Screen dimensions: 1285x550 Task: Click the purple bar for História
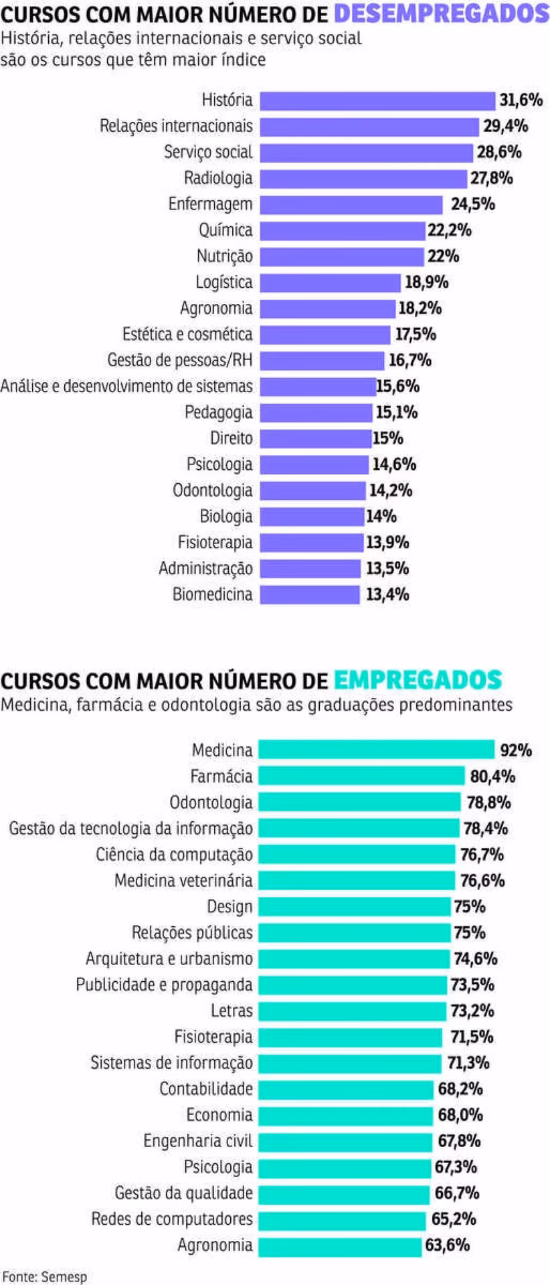coord(377,100)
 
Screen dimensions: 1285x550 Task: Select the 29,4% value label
coord(506,126)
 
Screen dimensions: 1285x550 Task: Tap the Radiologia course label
coord(218,178)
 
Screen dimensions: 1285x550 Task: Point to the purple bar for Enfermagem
coord(351,204)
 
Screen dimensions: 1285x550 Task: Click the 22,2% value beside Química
coord(450,230)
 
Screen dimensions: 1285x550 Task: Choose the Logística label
coord(224,282)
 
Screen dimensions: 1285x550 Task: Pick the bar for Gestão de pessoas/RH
coord(323,360)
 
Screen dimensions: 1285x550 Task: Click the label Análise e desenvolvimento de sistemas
coord(126,386)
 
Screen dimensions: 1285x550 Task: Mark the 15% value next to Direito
coord(388,438)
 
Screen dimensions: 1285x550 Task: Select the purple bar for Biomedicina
coord(310,594)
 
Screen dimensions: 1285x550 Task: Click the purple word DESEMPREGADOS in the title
coord(441,13)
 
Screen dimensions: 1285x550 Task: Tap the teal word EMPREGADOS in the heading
coord(418,680)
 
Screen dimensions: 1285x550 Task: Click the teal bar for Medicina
coord(376,750)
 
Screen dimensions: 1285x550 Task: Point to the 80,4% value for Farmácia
coord(492,776)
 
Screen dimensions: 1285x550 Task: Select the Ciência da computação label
coord(174,855)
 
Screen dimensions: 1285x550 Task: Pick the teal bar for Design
coord(355,907)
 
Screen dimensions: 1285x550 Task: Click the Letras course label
coord(232,1011)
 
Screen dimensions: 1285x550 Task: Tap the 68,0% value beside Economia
coord(460,1115)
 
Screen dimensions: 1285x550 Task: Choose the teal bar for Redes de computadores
coord(343,1219)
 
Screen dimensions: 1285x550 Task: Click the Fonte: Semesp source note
coord(44,1276)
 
